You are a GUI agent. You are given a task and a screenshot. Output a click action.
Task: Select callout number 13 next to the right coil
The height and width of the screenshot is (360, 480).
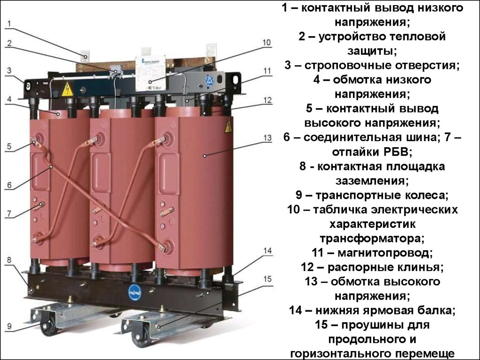(267, 138)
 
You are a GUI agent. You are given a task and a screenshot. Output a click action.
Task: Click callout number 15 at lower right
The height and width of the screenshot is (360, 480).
(267, 279)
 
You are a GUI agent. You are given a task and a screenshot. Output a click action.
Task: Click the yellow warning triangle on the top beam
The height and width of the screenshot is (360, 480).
(67, 89)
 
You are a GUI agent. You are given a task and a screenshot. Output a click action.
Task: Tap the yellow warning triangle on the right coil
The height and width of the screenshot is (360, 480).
(228, 125)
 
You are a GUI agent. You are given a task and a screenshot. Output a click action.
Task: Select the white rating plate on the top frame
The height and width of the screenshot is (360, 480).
(150, 73)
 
